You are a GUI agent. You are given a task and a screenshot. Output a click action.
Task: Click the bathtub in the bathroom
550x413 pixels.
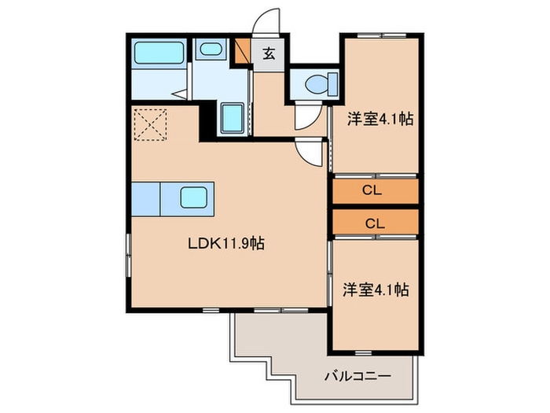click(x=159, y=54)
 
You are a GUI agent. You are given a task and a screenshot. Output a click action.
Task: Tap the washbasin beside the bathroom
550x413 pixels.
click(x=210, y=50)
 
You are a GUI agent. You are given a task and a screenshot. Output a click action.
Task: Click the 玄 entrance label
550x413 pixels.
click(x=269, y=53)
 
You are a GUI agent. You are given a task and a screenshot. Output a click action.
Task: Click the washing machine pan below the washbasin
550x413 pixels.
click(x=232, y=119)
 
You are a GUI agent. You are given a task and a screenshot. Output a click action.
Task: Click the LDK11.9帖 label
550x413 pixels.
click(x=224, y=244)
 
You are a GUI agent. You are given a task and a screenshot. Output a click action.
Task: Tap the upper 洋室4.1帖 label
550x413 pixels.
click(x=381, y=120)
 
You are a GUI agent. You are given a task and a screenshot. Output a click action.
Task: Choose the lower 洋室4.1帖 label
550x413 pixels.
click(x=375, y=289)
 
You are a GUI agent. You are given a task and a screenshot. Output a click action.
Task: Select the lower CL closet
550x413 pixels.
click(x=375, y=223)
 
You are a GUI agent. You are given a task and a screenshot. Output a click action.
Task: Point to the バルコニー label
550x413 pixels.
click(x=357, y=376)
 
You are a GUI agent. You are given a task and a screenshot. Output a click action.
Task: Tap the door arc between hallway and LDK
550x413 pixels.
click(x=311, y=153)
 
